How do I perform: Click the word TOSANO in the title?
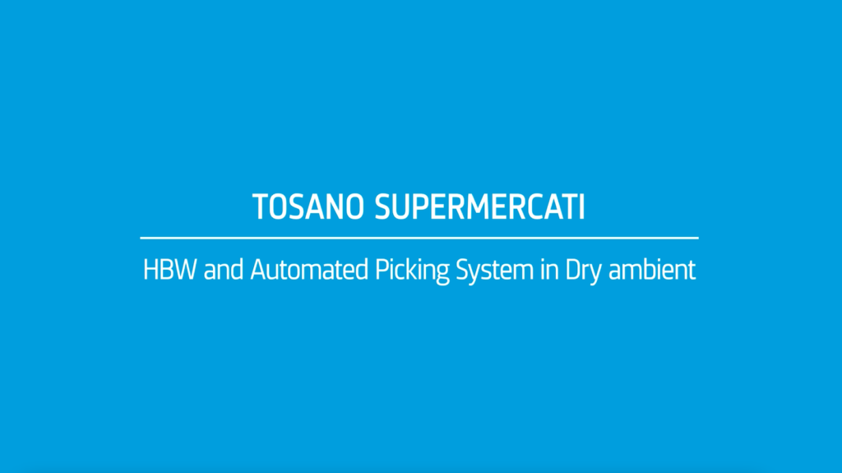[308, 207]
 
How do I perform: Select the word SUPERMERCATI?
[479, 207]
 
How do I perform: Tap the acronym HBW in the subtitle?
[169, 270]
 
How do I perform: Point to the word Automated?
[309, 270]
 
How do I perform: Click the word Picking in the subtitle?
[412, 271]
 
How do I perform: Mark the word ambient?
[652, 270]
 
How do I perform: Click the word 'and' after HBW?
[223, 270]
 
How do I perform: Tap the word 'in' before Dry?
[549, 270]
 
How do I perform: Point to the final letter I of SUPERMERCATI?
[581, 207]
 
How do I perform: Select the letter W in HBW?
[185, 270]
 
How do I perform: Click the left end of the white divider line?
[141, 238]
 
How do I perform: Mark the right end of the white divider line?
[698, 238]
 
